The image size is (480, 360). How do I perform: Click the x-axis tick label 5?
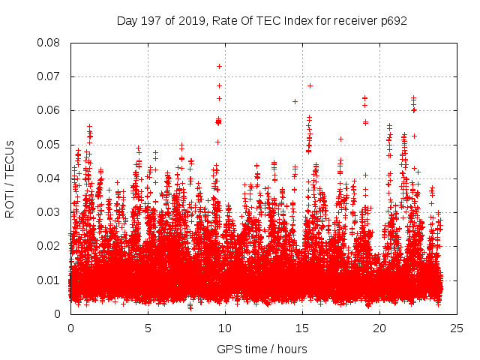coord(148,328)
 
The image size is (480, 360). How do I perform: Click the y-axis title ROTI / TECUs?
coord(10,178)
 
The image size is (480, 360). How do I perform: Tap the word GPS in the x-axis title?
coord(228,349)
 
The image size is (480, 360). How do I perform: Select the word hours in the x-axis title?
coord(292,349)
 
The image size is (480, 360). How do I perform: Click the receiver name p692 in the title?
coord(393,20)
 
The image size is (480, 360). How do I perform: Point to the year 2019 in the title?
coord(191,20)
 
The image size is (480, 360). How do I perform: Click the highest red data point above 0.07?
coord(219,66)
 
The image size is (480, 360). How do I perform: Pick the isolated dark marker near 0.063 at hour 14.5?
coord(295,101)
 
